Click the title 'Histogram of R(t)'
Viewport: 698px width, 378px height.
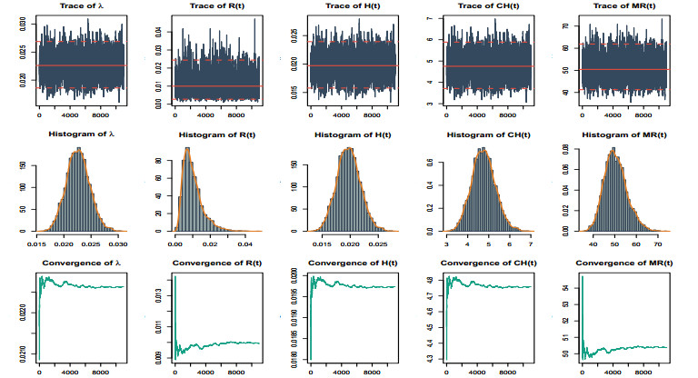pos(214,135)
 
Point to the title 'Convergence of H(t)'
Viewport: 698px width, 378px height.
pos(353,264)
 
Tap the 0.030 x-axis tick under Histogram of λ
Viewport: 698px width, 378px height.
pos(119,244)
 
